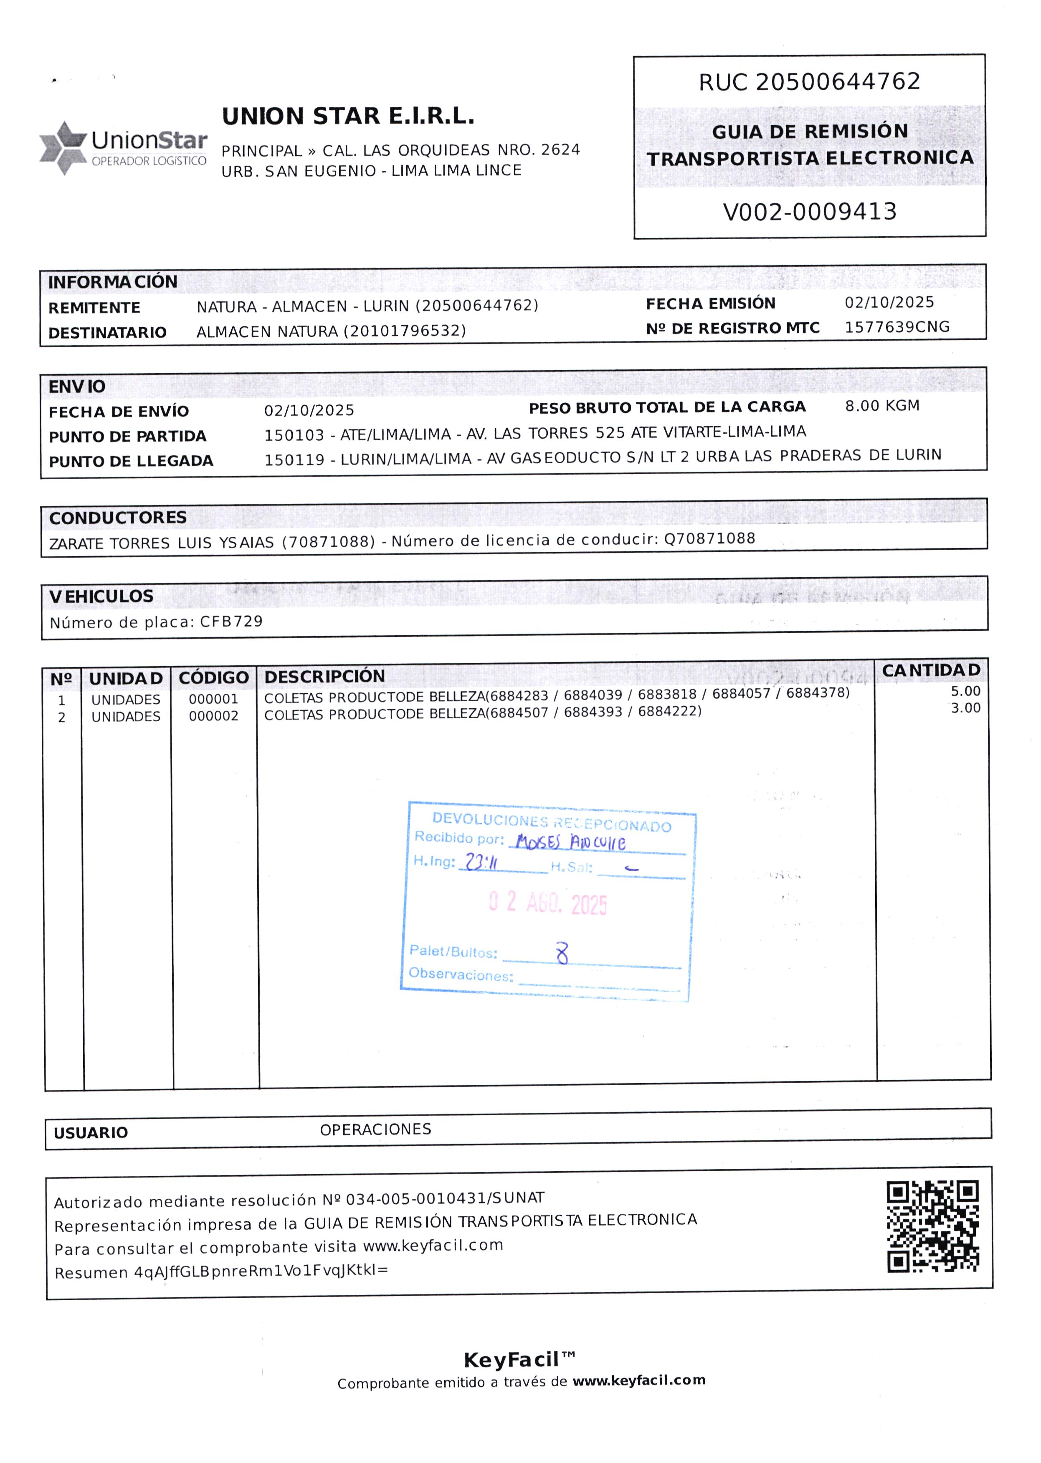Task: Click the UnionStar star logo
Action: click(62, 147)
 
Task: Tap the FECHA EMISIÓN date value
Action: click(889, 303)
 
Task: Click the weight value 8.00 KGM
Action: click(882, 406)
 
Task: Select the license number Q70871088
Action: click(709, 538)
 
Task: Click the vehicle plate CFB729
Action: click(231, 621)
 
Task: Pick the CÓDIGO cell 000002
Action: click(213, 716)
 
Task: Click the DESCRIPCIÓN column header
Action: click(324, 677)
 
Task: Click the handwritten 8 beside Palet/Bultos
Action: click(562, 953)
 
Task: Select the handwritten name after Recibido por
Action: click(570, 841)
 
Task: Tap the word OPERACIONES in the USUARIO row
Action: click(376, 1129)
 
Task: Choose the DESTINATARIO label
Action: click(108, 333)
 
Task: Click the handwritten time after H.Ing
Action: click(481, 862)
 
